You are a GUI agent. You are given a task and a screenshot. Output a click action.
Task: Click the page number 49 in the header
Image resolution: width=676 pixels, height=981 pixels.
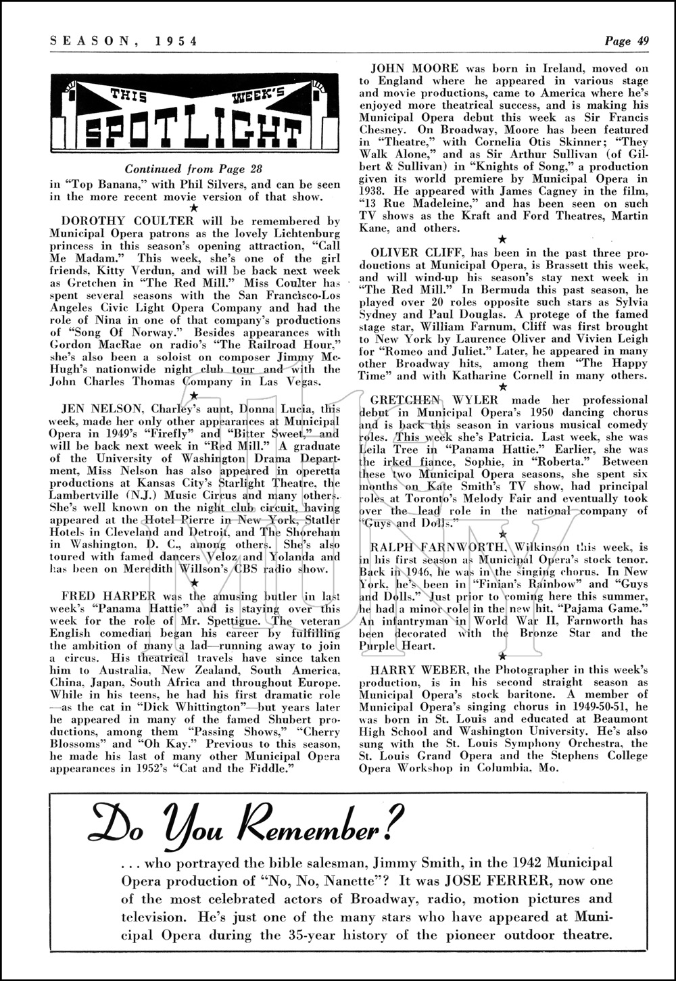[x=642, y=41]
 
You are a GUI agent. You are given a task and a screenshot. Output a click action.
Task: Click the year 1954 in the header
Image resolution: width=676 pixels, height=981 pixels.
[x=176, y=41]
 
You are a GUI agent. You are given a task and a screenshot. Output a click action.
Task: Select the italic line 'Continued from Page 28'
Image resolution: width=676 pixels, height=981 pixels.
[x=193, y=169]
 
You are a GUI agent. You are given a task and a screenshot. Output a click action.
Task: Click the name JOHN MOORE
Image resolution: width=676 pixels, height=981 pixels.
[x=415, y=68]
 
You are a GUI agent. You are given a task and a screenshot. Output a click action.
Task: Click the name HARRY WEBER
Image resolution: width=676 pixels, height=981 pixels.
[x=411, y=669]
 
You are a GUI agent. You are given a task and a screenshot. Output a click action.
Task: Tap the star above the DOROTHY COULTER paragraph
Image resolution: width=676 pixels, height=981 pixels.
[x=194, y=209]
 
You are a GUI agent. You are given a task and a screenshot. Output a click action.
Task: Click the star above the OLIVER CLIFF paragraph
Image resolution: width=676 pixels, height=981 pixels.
[x=502, y=240]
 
